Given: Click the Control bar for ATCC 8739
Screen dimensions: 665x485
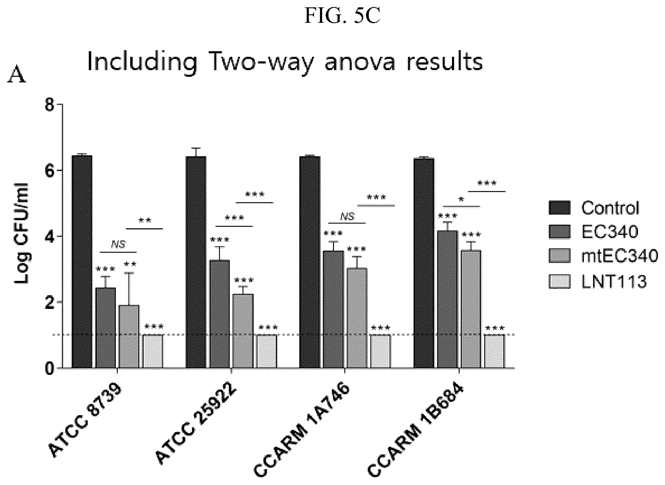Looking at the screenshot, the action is click(x=82, y=262).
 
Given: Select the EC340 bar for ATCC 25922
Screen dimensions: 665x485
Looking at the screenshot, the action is click(x=220, y=314).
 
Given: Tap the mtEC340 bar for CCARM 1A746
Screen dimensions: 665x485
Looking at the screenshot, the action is click(x=357, y=318).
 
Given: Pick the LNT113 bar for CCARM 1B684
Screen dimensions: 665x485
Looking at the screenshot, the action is click(x=494, y=351).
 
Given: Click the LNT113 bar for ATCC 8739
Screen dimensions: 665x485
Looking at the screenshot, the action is click(x=153, y=351).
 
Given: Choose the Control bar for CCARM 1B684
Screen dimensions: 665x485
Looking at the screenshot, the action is click(x=424, y=263).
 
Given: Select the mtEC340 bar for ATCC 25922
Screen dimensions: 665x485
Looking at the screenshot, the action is click(x=243, y=331).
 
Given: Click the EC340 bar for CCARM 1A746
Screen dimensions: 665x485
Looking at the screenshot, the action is click(x=334, y=310).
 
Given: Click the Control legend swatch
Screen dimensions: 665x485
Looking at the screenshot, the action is click(x=560, y=208).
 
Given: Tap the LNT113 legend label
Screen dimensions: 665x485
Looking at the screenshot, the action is click(x=614, y=281).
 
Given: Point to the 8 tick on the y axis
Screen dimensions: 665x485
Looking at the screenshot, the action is click(x=59, y=105).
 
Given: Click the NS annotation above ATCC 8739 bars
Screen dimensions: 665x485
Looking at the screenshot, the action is click(x=118, y=244).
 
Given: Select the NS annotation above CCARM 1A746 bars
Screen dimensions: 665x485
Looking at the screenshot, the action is click(x=347, y=216).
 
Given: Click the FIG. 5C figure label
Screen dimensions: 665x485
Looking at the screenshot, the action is click(x=342, y=16).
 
